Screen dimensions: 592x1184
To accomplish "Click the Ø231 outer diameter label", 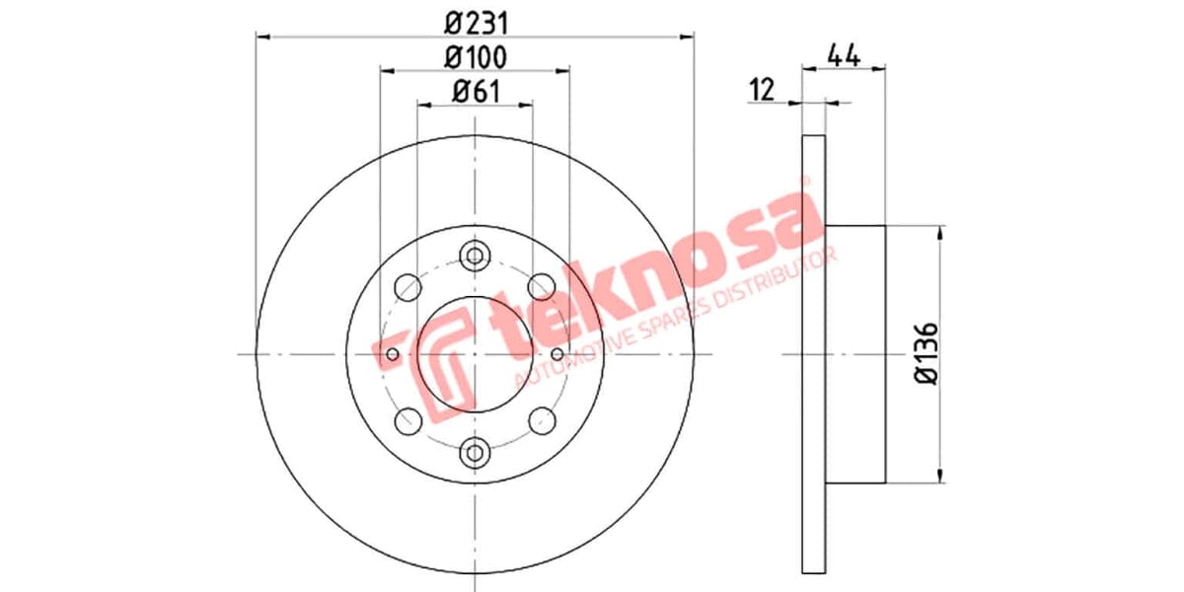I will (x=475, y=22).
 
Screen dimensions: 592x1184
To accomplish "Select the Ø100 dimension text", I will (x=475, y=57).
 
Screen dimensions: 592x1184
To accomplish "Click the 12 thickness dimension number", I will (x=762, y=90).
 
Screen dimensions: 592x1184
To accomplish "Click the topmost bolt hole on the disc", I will (x=475, y=256).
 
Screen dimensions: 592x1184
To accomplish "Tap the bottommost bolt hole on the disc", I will (x=475, y=452).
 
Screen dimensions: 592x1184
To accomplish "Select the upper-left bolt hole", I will (x=407, y=287).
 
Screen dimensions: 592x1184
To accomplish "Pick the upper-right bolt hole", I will (x=541, y=287).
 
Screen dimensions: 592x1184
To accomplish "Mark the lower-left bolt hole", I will (x=407, y=421).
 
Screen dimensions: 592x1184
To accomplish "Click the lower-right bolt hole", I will (x=541, y=421).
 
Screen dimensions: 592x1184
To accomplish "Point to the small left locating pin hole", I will (x=393, y=354).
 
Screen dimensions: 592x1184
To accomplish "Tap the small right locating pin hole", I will (x=557, y=354).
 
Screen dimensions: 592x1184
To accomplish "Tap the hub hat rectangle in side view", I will (x=854, y=354).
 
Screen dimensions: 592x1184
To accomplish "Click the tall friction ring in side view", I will (x=812, y=354).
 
